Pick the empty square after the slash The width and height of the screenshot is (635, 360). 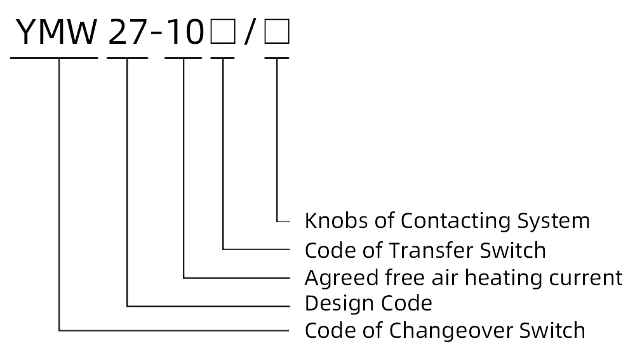point(277,33)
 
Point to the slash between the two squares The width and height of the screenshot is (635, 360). point(250,33)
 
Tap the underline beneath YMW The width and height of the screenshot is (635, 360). point(55,58)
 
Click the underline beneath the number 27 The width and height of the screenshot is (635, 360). point(128,58)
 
